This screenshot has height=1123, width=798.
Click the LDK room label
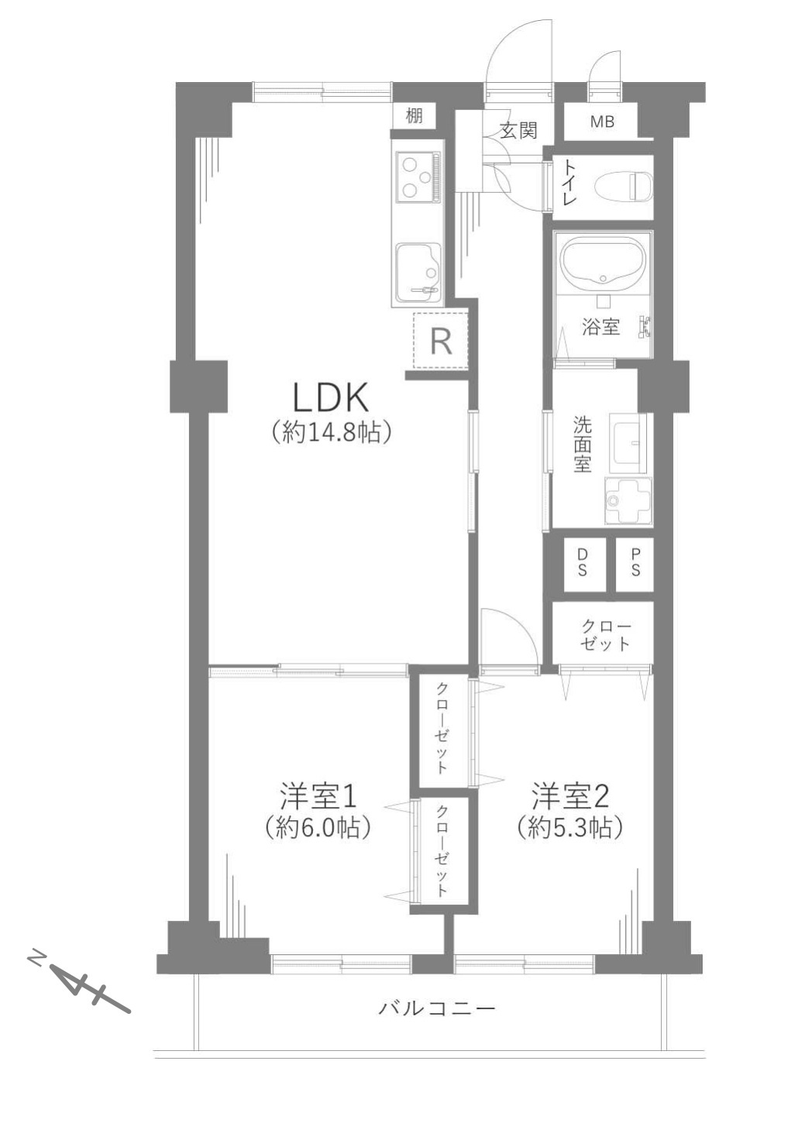point(331,397)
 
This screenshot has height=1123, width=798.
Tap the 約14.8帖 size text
point(331,432)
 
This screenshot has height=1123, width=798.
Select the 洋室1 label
point(318,795)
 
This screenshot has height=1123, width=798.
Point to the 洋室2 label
point(570,795)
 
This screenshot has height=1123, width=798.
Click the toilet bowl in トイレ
point(623,187)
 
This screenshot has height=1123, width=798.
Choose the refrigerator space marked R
point(440,341)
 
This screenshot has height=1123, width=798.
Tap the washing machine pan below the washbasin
point(628,500)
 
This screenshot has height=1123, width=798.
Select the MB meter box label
point(602,122)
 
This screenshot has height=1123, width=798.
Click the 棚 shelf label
point(414,116)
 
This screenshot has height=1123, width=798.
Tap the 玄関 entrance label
point(519,131)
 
